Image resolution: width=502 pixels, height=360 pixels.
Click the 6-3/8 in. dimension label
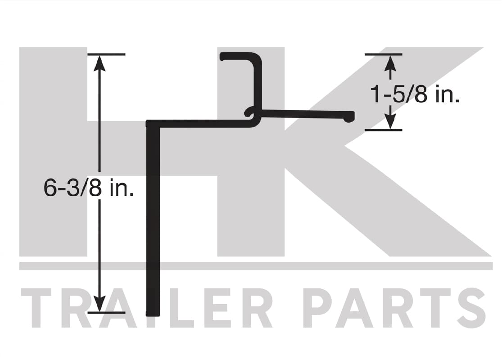click(x=89, y=188)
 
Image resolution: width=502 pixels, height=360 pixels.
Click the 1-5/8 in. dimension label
click(x=415, y=95)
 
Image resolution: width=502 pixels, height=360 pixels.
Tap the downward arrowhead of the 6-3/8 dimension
click(x=100, y=303)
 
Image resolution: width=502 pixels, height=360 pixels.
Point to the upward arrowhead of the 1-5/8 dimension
click(x=390, y=63)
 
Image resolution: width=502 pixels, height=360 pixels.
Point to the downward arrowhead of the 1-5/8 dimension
click(x=390, y=121)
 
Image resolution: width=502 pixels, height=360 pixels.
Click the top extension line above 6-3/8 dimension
click(x=106, y=55)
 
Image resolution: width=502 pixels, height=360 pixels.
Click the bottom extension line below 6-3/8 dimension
click(x=106, y=312)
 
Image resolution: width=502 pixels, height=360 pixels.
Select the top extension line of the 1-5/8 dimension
click(x=383, y=55)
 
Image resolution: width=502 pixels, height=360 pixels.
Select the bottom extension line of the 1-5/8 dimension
click(x=383, y=130)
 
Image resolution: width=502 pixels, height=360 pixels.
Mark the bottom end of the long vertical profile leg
click(x=153, y=314)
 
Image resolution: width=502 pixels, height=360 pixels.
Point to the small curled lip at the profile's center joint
click(x=250, y=113)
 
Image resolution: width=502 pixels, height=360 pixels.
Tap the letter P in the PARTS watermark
click(x=319, y=308)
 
